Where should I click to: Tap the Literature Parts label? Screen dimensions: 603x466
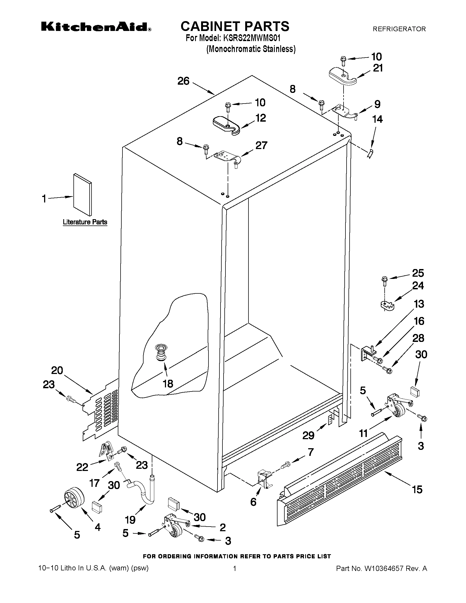(x=85, y=222)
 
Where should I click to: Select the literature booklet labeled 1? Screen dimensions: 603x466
(x=82, y=194)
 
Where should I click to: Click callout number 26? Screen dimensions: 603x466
(x=183, y=81)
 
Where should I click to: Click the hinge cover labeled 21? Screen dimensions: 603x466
(x=342, y=75)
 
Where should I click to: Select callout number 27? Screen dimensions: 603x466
(x=261, y=145)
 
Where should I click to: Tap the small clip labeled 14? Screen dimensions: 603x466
(x=369, y=153)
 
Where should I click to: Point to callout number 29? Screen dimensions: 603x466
(x=308, y=435)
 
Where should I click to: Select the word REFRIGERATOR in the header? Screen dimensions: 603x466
(x=399, y=29)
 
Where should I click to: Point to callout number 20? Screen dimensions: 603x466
(x=57, y=370)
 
